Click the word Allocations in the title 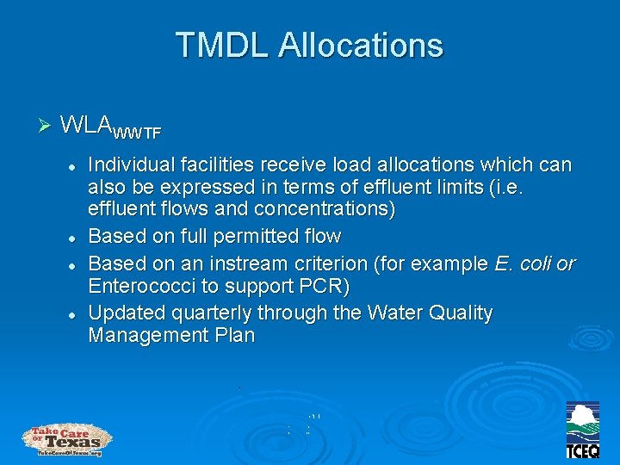point(360,45)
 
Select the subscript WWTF point(137,133)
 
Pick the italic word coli point(533,262)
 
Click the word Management point(146,336)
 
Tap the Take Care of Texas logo point(67,439)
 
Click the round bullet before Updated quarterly point(75,313)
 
